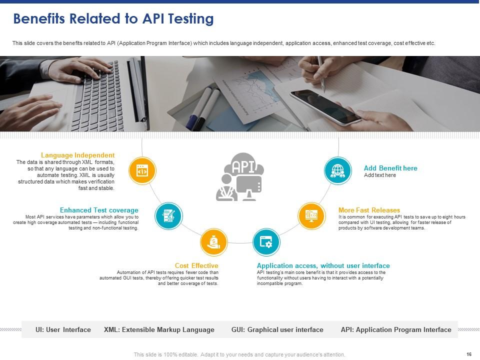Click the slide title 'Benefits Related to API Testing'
click(x=113, y=19)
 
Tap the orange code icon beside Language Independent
click(x=142, y=171)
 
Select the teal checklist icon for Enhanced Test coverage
click(x=169, y=216)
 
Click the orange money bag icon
click(x=214, y=242)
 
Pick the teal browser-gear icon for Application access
click(x=266, y=242)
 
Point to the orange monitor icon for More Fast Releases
click(x=312, y=215)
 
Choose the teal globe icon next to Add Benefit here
click(x=338, y=171)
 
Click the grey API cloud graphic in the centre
click(x=240, y=176)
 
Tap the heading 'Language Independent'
click(x=77, y=155)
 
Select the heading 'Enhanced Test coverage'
click(x=99, y=210)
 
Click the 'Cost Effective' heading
click(x=196, y=265)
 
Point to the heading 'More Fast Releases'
click(x=369, y=210)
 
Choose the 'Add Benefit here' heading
click(x=390, y=168)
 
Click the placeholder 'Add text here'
click(x=380, y=175)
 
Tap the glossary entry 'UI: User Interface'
click(x=63, y=329)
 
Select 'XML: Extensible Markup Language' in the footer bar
click(x=159, y=329)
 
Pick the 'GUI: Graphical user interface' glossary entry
click(x=277, y=329)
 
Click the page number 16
click(x=468, y=354)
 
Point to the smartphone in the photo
click(x=325, y=106)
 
